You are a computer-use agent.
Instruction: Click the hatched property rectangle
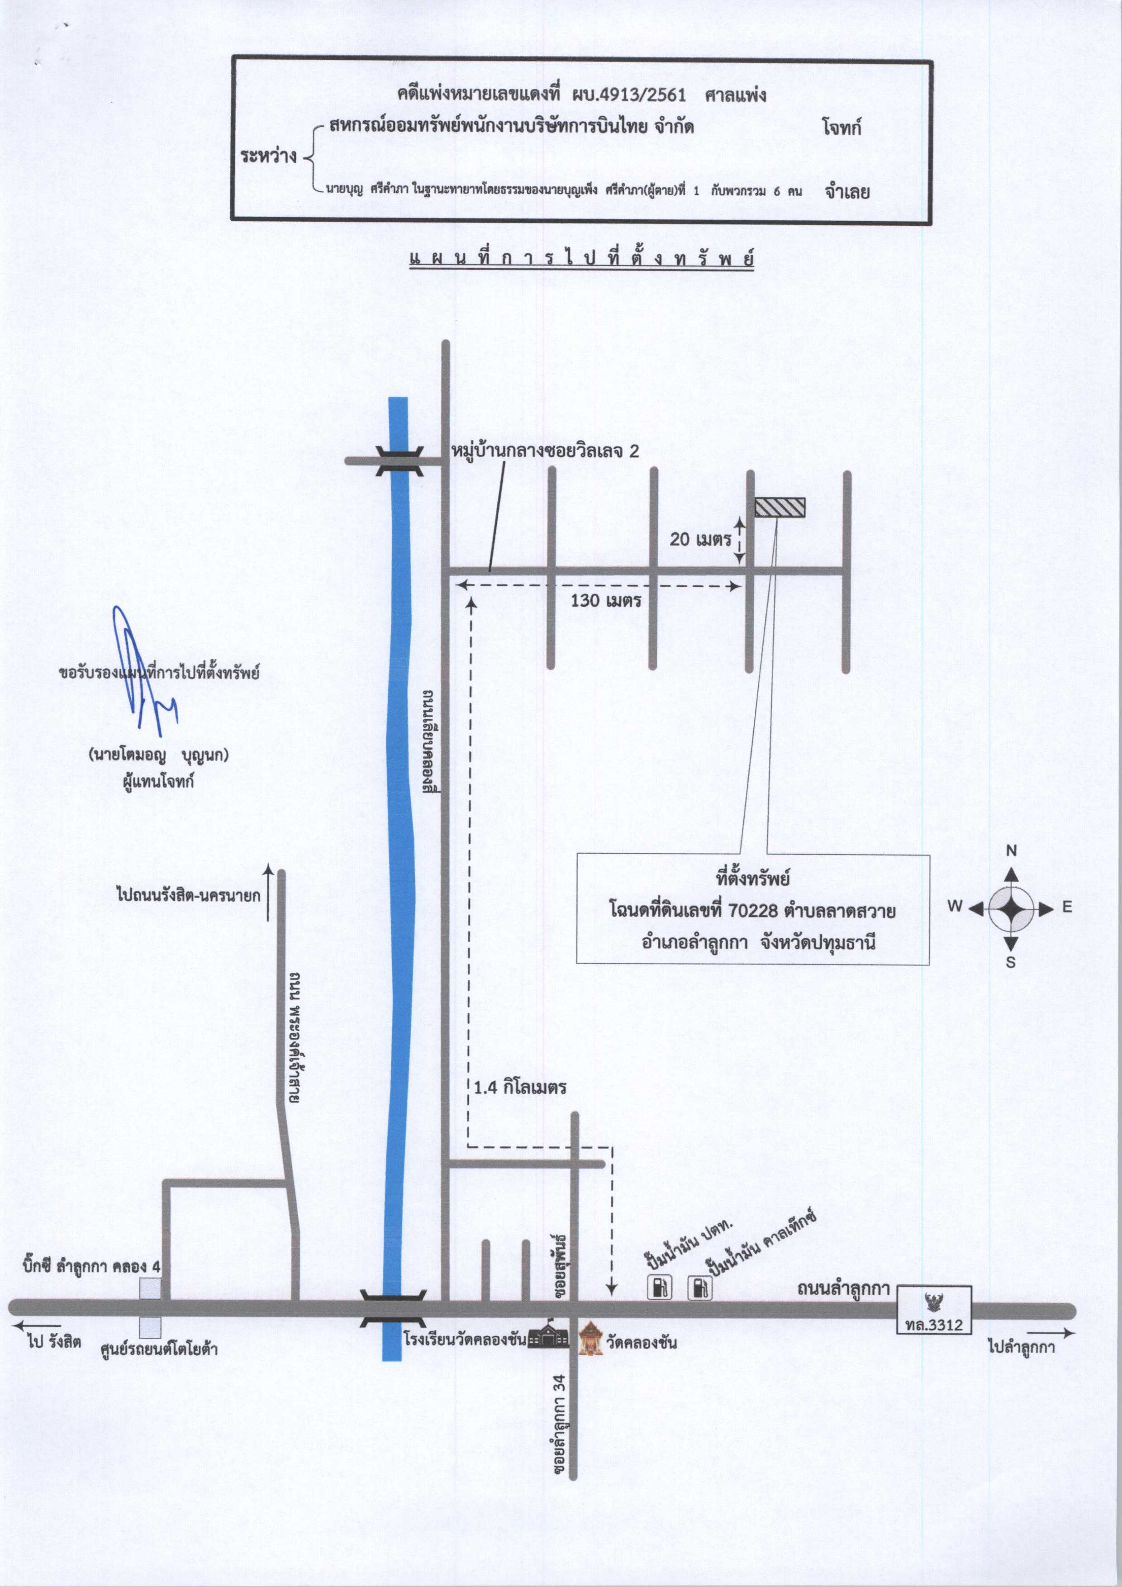pos(780,508)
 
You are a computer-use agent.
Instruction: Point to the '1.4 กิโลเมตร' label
pos(520,1087)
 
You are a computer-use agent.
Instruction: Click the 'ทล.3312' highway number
pos(933,1324)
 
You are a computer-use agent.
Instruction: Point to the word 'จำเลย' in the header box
pos(847,191)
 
